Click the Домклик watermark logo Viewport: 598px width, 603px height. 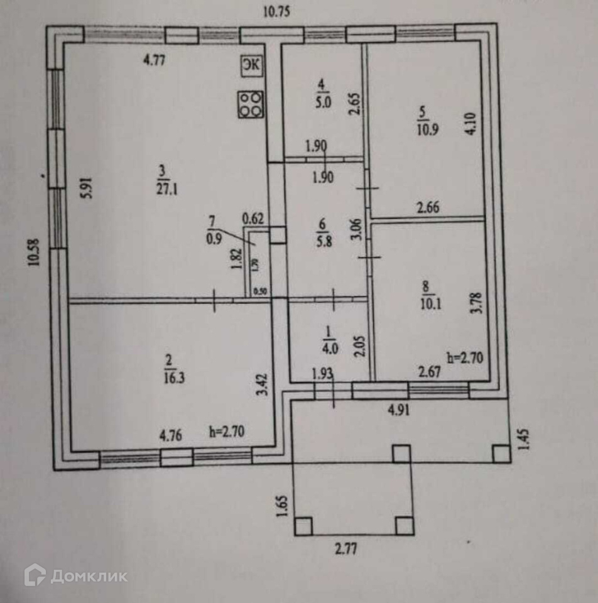click(x=76, y=576)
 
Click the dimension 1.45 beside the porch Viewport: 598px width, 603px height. click(x=526, y=439)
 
